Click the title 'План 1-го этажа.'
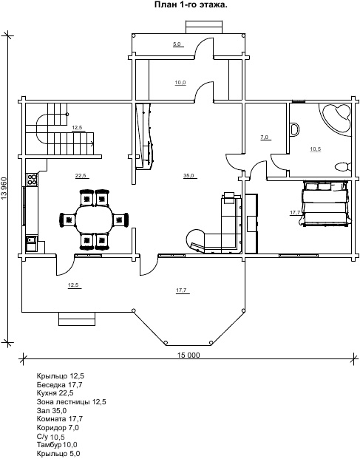coord(191,5)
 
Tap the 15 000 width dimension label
coord(189,355)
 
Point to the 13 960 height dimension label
coord(4,188)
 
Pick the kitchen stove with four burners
coord(32,179)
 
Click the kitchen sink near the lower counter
coord(31,244)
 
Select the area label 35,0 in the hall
coord(189,176)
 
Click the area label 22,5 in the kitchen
coord(81,176)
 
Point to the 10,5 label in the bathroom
coord(315,149)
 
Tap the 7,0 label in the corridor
coord(265,137)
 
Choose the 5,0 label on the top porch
coord(177,44)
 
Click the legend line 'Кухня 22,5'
coord(55,392)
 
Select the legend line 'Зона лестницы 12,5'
coord(71,401)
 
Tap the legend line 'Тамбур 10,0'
coord(57,445)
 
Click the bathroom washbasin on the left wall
coord(295,129)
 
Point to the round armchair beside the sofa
coord(195,239)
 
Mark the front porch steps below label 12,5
coord(77,319)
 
